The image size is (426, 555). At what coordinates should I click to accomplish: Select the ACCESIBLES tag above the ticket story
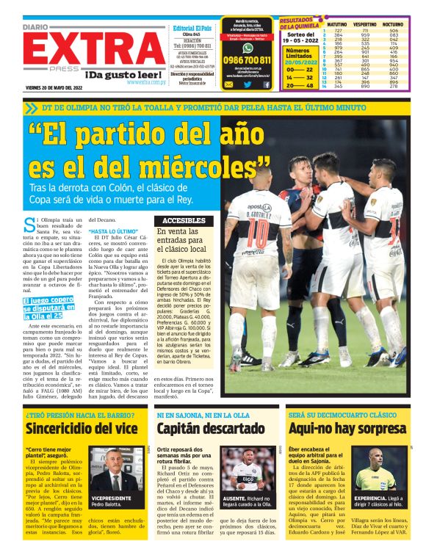click(x=184, y=220)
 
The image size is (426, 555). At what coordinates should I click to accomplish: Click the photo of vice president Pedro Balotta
click(x=113, y=468)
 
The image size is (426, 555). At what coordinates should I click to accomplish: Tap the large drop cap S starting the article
click(x=28, y=223)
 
